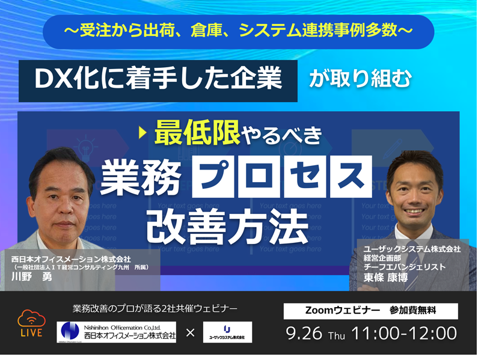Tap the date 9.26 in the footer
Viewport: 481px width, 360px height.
(306, 332)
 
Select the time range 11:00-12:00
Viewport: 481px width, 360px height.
(406, 332)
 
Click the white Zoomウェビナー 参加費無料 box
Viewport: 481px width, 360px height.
(370, 311)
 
